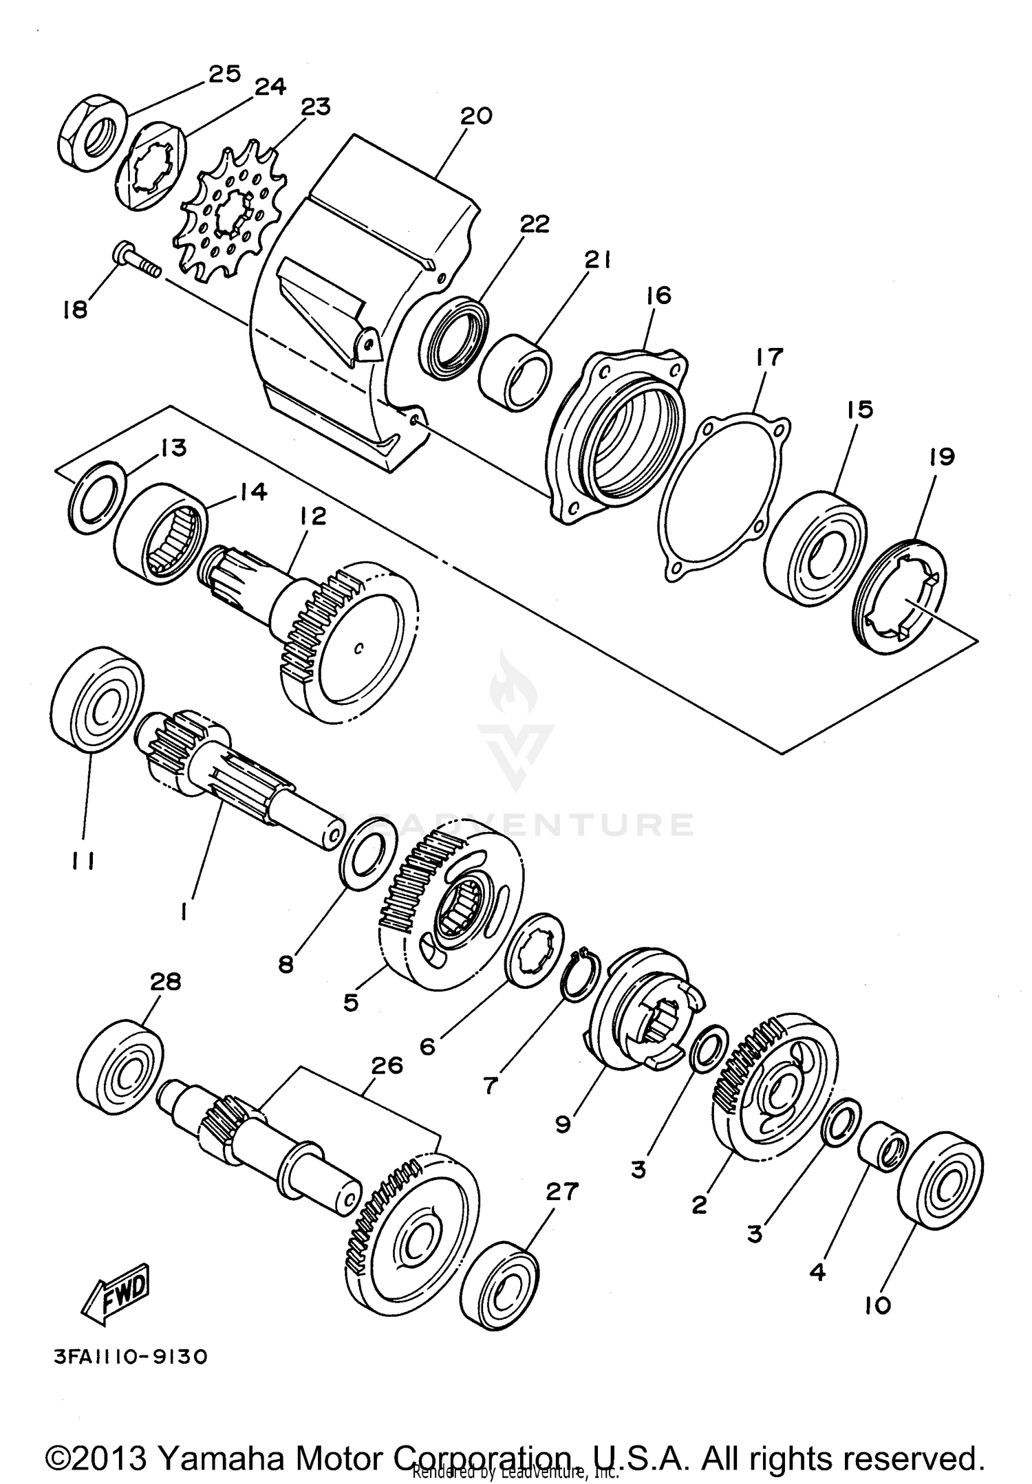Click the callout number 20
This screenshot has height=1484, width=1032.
476,116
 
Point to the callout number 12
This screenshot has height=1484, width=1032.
313,516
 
